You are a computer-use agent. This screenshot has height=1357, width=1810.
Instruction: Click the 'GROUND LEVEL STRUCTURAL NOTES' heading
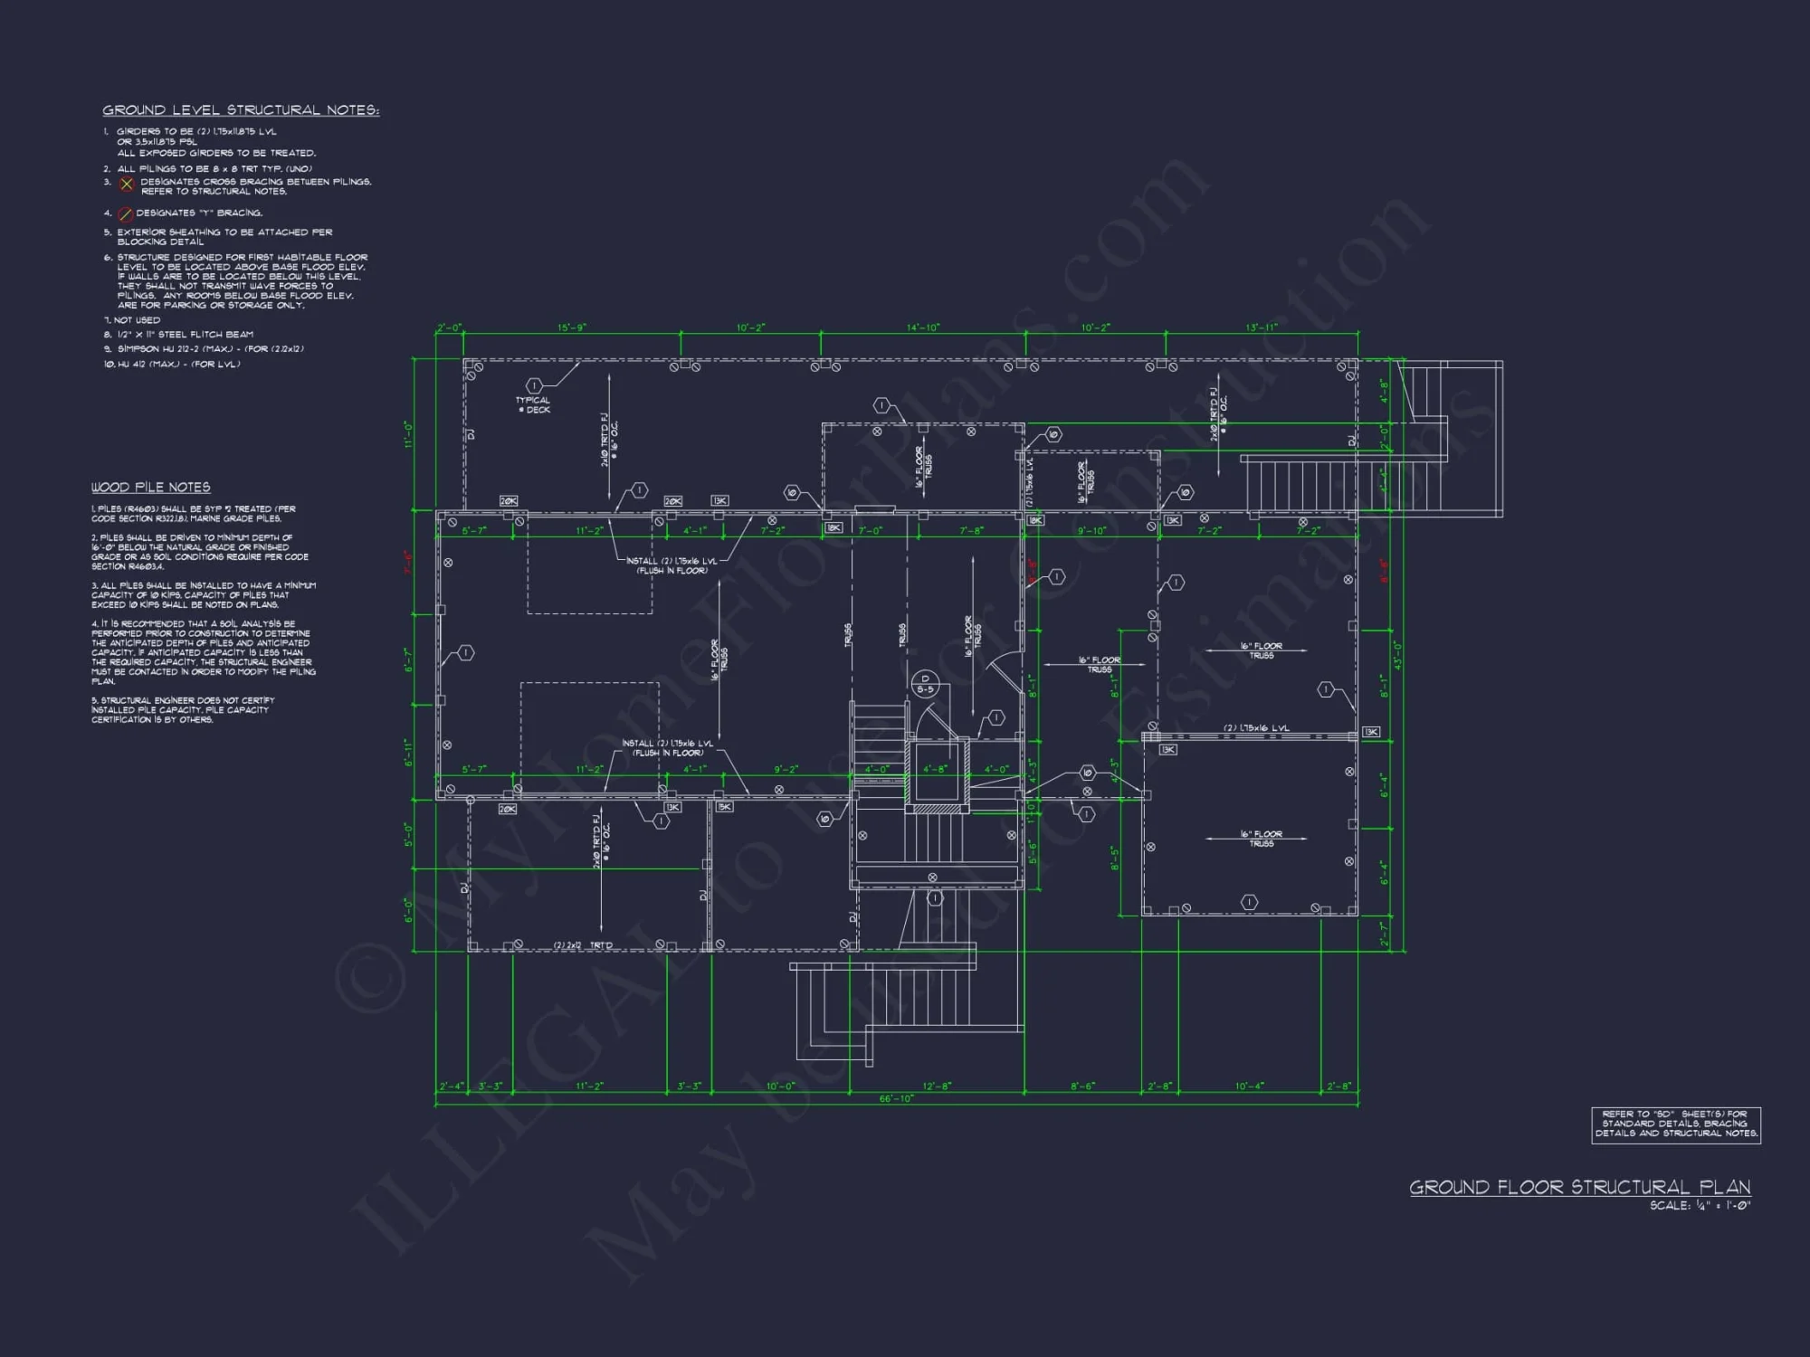[240, 110]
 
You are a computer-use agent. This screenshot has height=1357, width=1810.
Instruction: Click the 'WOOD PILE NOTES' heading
[150, 488]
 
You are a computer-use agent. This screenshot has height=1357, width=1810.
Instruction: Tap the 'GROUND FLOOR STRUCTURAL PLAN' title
[1579, 1187]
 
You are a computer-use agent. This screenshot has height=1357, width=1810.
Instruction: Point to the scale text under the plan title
[1699, 1206]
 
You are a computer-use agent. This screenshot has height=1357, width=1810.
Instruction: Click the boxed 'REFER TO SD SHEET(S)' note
[1675, 1125]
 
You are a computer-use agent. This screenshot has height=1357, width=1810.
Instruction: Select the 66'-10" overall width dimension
[896, 1099]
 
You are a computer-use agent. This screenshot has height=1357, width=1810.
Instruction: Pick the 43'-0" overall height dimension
[1396, 655]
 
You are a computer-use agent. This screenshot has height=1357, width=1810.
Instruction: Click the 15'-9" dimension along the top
[571, 327]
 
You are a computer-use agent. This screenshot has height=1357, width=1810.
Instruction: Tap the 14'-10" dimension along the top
[922, 327]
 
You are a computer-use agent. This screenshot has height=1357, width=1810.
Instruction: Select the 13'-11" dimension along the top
[1261, 327]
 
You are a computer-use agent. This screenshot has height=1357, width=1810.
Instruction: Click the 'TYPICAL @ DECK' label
[533, 404]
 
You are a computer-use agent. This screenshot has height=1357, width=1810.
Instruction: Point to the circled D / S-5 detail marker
[924, 684]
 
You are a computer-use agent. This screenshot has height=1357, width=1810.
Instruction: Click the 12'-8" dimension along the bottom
[937, 1087]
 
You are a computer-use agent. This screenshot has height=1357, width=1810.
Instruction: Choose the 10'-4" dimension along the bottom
[1249, 1087]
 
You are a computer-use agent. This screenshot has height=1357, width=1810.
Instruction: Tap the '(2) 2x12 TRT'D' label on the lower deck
[583, 945]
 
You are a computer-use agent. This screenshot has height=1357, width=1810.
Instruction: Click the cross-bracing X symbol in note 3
[127, 185]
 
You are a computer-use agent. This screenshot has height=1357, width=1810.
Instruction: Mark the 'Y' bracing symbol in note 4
[127, 214]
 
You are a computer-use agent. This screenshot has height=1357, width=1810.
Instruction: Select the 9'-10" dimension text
[1091, 531]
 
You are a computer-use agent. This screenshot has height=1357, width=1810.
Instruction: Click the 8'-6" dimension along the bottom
[1082, 1087]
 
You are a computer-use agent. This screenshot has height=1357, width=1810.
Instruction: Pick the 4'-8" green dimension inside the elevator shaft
[935, 770]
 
